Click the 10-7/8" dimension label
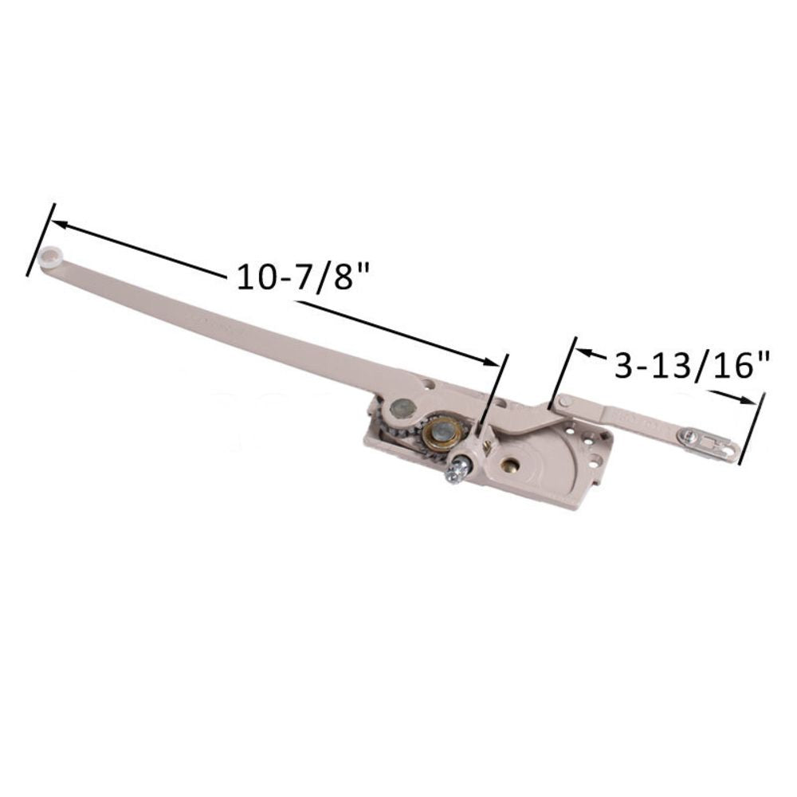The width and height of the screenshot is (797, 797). coord(305,280)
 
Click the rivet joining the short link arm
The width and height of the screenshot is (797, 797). coord(564,401)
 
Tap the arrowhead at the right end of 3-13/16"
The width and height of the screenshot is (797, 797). coord(749,401)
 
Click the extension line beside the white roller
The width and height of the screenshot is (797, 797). coord(40,239)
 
